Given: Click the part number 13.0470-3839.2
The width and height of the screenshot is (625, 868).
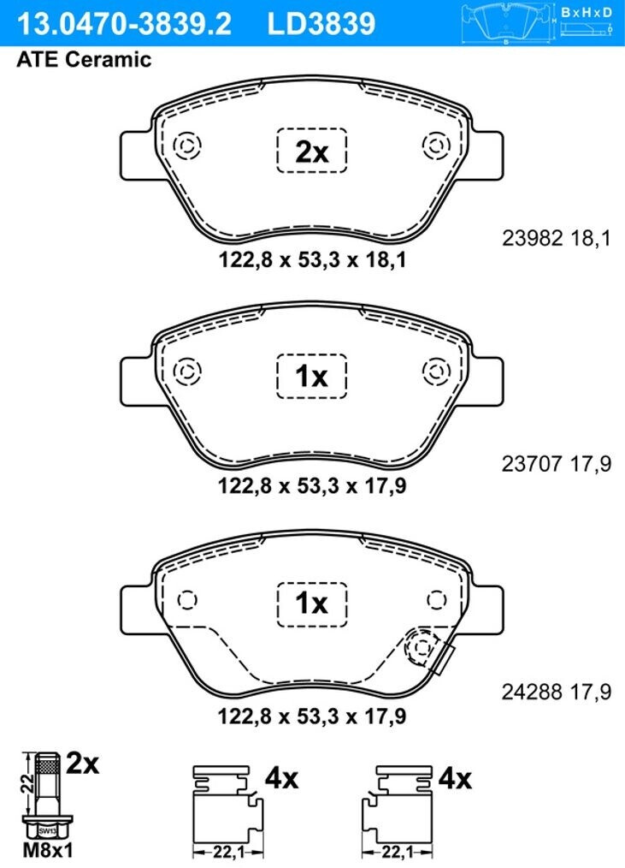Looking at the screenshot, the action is point(125,23).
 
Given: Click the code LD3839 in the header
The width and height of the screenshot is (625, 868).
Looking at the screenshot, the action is point(321,23).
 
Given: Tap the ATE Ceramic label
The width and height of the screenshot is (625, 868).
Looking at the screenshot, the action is point(84,59).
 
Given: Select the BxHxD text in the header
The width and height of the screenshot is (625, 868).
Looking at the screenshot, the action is point(587,12).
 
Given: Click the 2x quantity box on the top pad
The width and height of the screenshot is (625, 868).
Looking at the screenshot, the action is point(312,151).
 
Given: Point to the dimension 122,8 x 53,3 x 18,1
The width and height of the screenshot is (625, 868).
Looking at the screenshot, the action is point(313,259).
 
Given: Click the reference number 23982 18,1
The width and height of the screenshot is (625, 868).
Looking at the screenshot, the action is point(557,238).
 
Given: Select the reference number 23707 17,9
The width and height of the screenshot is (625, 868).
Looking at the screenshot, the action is point(557,463).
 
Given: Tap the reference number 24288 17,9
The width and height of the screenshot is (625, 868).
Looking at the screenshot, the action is point(557,692).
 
